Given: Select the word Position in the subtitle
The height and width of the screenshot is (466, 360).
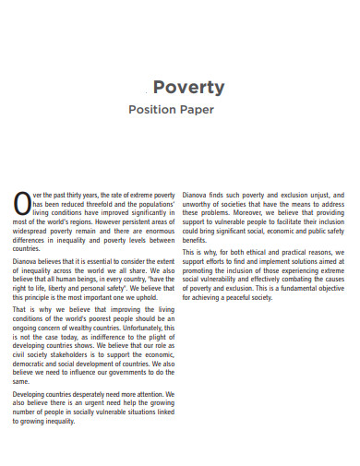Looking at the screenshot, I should tap(157, 110).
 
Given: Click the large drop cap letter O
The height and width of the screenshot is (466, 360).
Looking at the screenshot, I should tap(22, 200).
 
